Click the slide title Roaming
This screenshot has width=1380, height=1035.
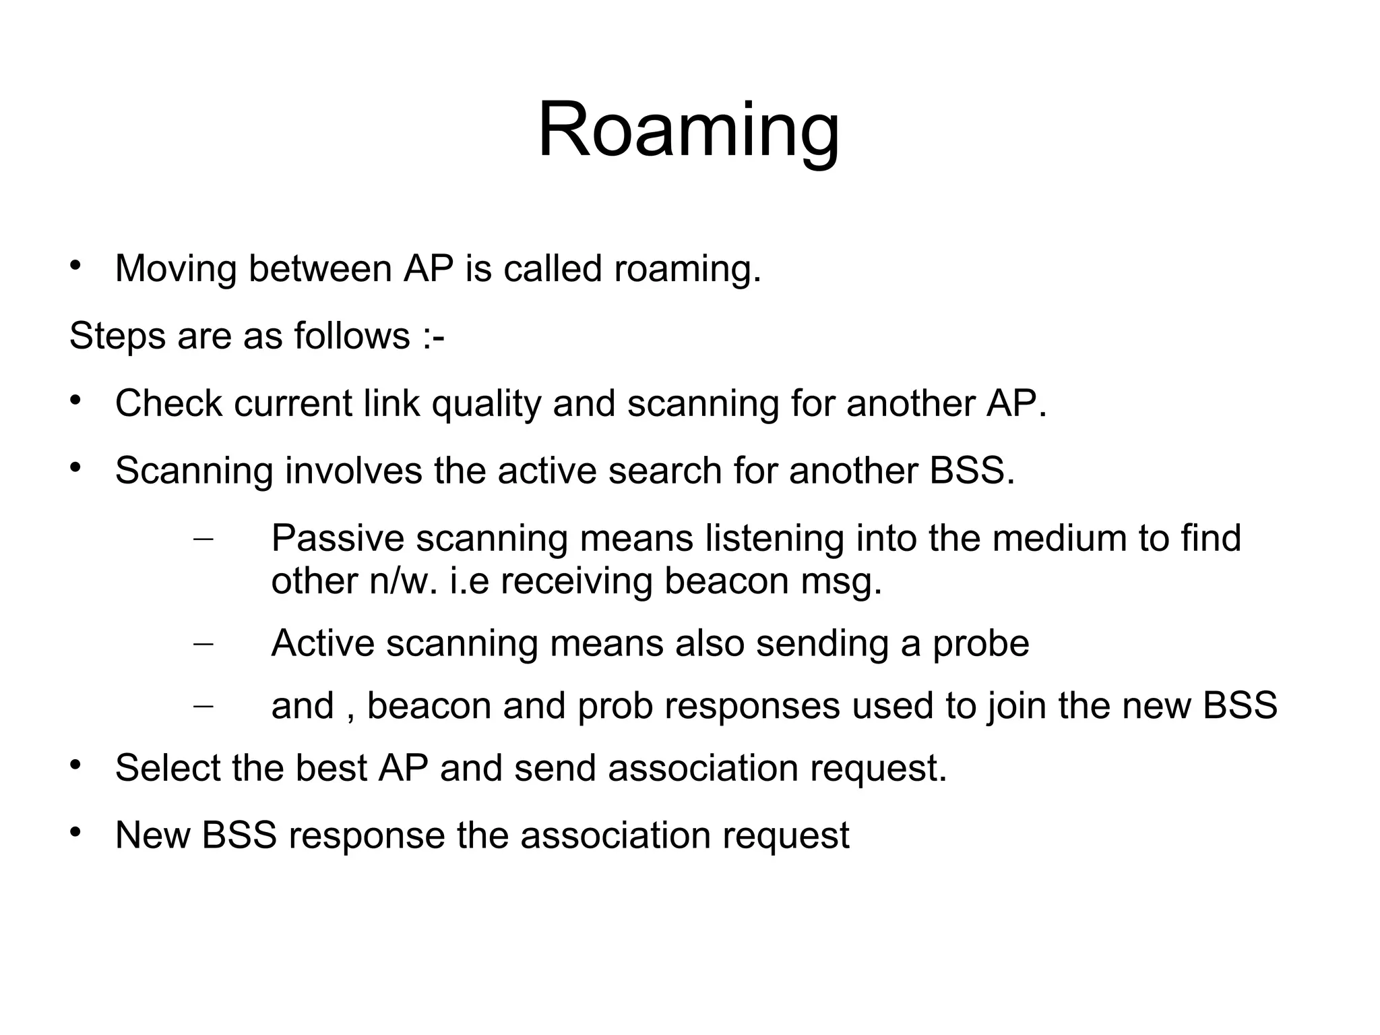tap(689, 129)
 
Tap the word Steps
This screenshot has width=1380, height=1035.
tap(117, 336)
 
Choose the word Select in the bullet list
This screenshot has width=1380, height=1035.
tap(168, 768)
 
